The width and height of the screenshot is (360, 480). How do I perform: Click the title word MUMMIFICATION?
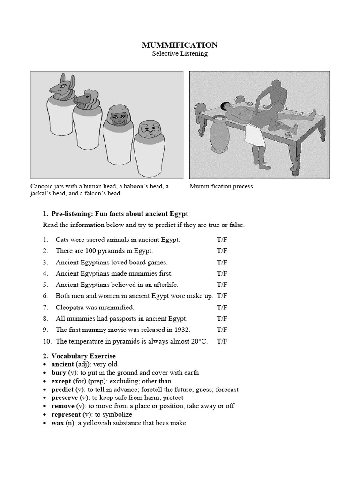tap(180, 45)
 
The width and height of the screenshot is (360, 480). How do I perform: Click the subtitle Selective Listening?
tap(180, 54)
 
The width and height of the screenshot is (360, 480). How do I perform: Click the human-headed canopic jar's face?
tap(115, 115)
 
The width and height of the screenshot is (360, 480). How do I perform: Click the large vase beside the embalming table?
tap(219, 135)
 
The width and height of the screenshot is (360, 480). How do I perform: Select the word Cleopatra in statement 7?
tap(70, 307)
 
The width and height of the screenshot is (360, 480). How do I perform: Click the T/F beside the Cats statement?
tap(222, 240)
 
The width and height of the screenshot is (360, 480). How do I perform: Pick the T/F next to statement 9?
tap(222, 330)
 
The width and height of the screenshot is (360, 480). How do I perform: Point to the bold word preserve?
tap(64, 397)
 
